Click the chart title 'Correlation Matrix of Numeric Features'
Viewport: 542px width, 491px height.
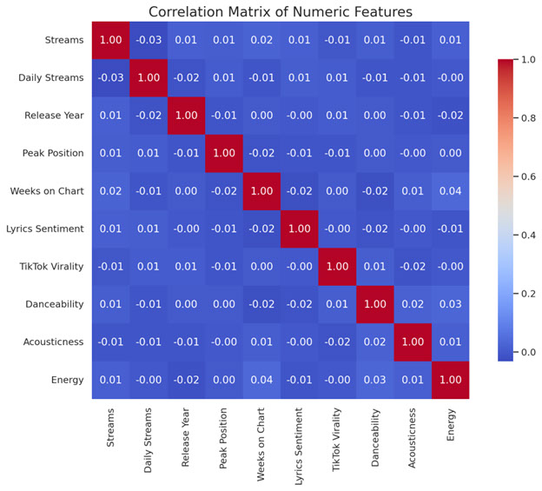[280, 11]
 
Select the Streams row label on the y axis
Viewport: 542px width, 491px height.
[64, 40]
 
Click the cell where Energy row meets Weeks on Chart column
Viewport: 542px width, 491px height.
[261, 379]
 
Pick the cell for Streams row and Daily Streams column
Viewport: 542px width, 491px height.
[148, 40]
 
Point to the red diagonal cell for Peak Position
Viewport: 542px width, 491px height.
[222, 153]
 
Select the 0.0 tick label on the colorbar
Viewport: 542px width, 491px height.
[525, 352]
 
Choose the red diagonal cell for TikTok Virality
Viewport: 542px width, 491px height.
[336, 266]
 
